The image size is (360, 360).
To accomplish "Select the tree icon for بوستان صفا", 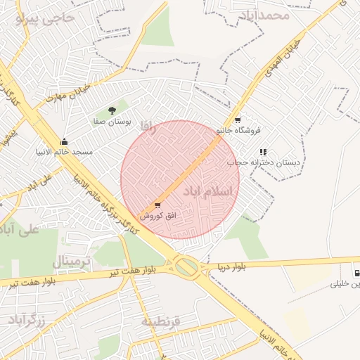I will pyautogui.click(x=112, y=110).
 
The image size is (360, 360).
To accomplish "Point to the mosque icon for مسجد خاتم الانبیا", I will pyautogui.click(x=65, y=141).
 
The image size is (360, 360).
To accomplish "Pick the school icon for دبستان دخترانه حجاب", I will pyautogui.click(x=264, y=152).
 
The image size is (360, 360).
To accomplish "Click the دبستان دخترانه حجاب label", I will pyautogui.click(x=263, y=162).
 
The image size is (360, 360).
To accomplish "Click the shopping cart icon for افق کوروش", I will pyautogui.click(x=157, y=205).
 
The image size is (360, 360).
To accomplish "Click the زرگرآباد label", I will pyautogui.click(x=27, y=320).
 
